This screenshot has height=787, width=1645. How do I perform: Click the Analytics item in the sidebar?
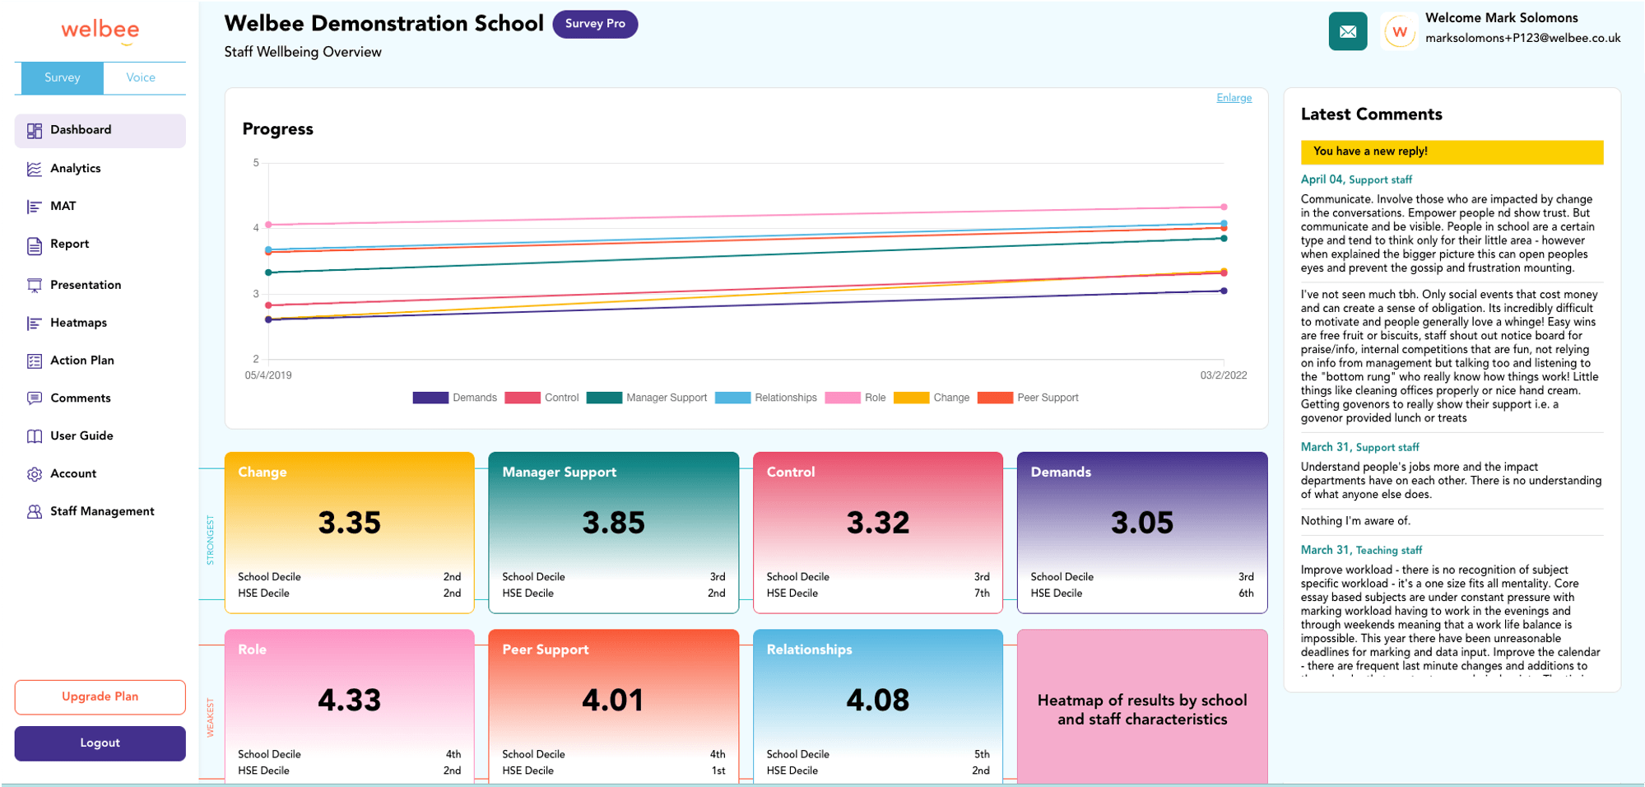click(x=75, y=169)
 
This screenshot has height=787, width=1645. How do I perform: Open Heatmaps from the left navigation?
click(x=78, y=323)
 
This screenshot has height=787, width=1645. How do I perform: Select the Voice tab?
click(x=141, y=77)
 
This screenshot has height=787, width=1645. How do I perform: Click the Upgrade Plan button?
click(x=100, y=696)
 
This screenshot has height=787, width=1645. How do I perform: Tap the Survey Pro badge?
click(x=595, y=24)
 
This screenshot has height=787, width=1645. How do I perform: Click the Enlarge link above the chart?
click(x=1234, y=98)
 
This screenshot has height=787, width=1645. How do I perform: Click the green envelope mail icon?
click(x=1347, y=32)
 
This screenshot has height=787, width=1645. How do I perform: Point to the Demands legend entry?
click(x=455, y=398)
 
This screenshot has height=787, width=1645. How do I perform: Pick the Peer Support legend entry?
click(x=1029, y=398)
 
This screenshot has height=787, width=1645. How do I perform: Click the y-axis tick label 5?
click(x=256, y=163)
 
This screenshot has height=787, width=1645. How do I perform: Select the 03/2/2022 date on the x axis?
click(x=1223, y=375)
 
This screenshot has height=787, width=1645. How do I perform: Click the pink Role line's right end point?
click(x=1224, y=207)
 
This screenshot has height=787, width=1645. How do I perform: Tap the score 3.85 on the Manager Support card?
click(x=613, y=523)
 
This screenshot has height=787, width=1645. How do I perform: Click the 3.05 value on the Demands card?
click(x=1141, y=523)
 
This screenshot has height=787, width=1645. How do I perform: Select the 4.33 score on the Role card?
click(x=349, y=701)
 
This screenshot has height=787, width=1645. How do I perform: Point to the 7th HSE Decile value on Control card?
click(x=982, y=594)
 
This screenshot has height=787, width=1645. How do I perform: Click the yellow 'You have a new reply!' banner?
click(x=1451, y=151)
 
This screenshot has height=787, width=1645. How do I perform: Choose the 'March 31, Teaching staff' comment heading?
click(x=1360, y=550)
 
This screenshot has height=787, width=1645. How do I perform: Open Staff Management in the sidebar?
click(x=101, y=511)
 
